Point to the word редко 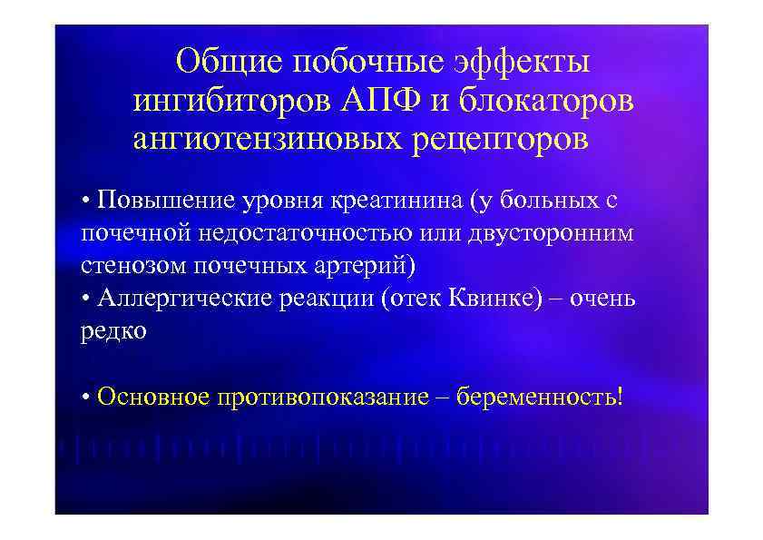(x=113, y=331)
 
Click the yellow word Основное (x=153, y=398)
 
